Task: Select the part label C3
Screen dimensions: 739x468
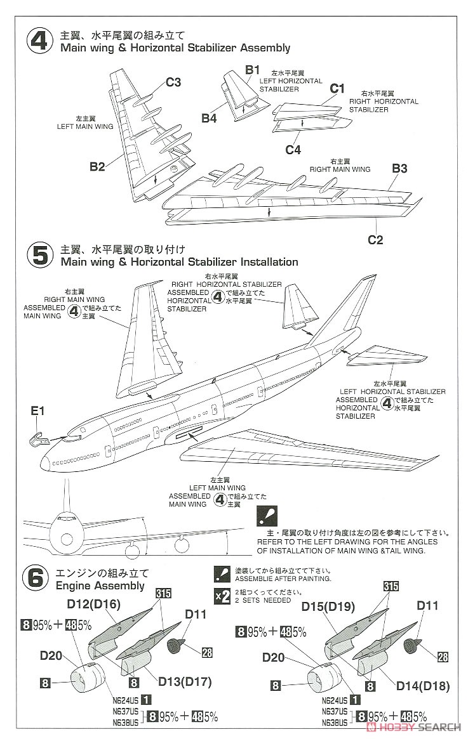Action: click(173, 82)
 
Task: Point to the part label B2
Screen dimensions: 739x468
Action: click(97, 167)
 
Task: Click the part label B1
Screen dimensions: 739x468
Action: click(253, 69)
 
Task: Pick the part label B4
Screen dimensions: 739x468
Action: click(210, 118)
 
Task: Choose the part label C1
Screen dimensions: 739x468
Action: click(337, 89)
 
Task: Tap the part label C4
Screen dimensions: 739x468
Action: click(293, 150)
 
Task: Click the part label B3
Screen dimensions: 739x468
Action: click(399, 169)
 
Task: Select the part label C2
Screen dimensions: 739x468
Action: click(376, 240)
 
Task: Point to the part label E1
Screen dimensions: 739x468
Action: click(38, 411)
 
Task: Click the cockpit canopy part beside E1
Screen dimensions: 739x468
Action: click(41, 436)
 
